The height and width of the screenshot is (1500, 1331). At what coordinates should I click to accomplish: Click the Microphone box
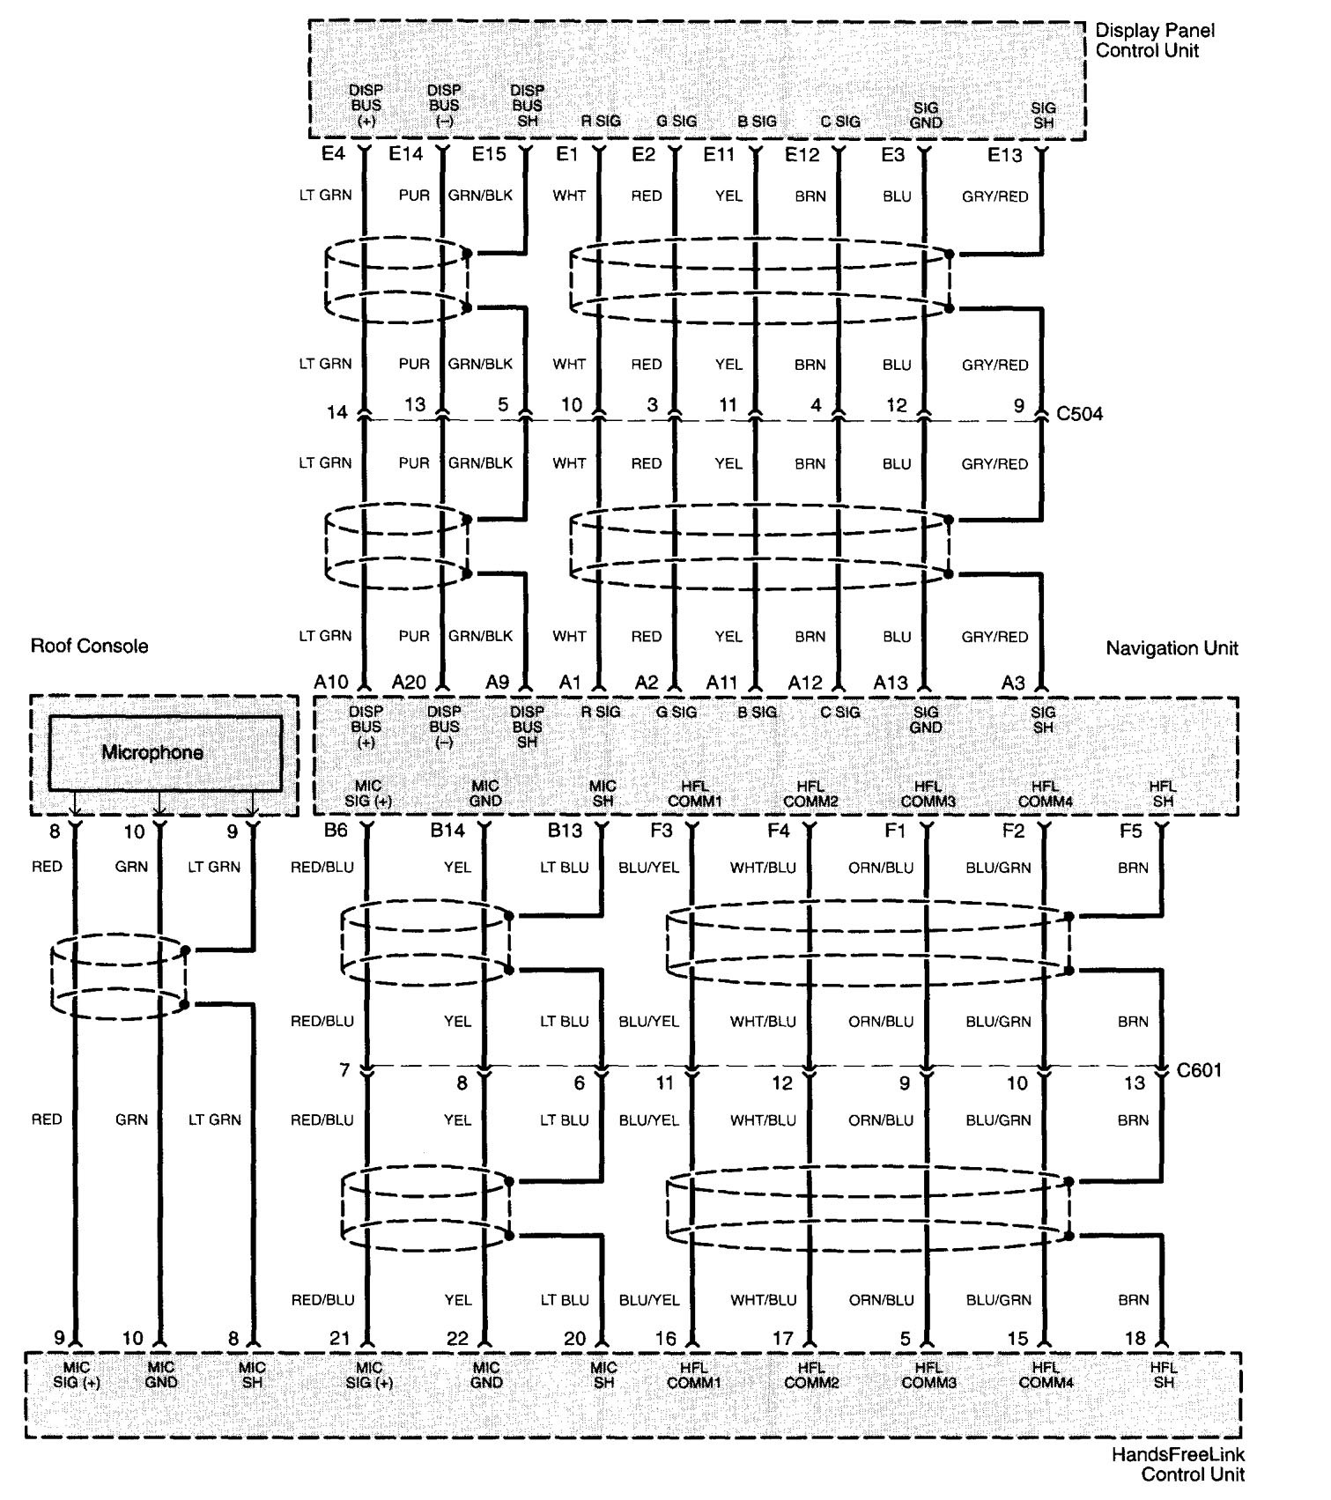pyautogui.click(x=165, y=752)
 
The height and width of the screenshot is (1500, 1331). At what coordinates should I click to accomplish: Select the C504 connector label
pyautogui.click(x=1079, y=413)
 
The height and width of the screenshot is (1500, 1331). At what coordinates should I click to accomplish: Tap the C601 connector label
pyautogui.click(x=1199, y=1070)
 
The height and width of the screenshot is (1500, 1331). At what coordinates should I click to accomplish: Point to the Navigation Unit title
pyautogui.click(x=1172, y=648)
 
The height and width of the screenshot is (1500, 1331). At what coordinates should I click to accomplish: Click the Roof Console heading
pyautogui.click(x=89, y=646)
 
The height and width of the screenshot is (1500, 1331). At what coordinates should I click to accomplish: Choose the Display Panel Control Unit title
pyautogui.click(x=1154, y=41)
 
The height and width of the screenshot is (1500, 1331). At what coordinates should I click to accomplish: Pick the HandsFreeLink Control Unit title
pyautogui.click(x=1178, y=1464)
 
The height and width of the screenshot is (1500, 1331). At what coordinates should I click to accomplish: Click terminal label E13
pyautogui.click(x=1004, y=156)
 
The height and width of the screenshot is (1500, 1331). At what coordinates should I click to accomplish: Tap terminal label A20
pyautogui.click(x=409, y=682)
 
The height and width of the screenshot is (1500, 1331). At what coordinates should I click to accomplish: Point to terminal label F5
pyautogui.click(x=1131, y=830)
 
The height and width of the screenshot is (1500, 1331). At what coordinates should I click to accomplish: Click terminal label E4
pyautogui.click(x=333, y=154)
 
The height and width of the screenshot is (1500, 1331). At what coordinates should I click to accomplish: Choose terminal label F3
pyautogui.click(x=661, y=830)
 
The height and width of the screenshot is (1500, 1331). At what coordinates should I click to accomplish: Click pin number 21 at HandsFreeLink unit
pyautogui.click(x=339, y=1338)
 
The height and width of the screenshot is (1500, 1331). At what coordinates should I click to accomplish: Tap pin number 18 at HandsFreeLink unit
pyautogui.click(x=1135, y=1338)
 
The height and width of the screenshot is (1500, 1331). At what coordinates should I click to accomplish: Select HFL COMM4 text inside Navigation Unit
pyautogui.click(x=1045, y=794)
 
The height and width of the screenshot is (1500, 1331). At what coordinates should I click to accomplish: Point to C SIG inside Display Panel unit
pyautogui.click(x=840, y=122)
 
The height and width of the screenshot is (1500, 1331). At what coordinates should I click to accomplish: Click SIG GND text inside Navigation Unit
pyautogui.click(x=926, y=720)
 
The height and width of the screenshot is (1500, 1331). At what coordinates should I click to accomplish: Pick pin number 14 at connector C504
pyautogui.click(x=336, y=411)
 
